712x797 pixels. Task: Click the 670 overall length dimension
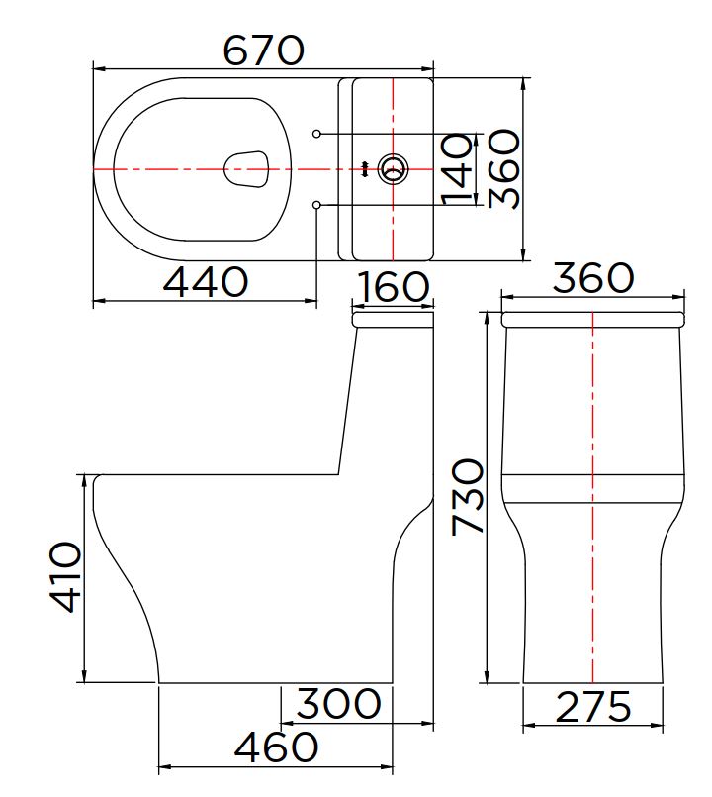click(x=263, y=50)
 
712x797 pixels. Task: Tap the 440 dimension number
click(x=205, y=283)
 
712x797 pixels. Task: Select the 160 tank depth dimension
click(x=393, y=288)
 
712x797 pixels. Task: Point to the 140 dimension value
click(x=457, y=169)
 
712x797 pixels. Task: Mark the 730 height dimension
click(x=468, y=497)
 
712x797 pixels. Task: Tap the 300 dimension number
click(x=338, y=704)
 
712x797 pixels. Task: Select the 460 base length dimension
click(x=276, y=747)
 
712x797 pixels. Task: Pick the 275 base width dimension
click(x=592, y=708)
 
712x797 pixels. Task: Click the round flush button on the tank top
click(x=394, y=169)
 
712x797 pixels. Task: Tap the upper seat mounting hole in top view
click(x=316, y=134)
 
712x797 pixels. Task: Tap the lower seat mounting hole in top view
click(x=316, y=204)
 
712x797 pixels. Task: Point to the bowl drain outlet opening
click(x=247, y=169)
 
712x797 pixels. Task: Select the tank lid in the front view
click(x=592, y=319)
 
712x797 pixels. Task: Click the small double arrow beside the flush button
click(x=367, y=169)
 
